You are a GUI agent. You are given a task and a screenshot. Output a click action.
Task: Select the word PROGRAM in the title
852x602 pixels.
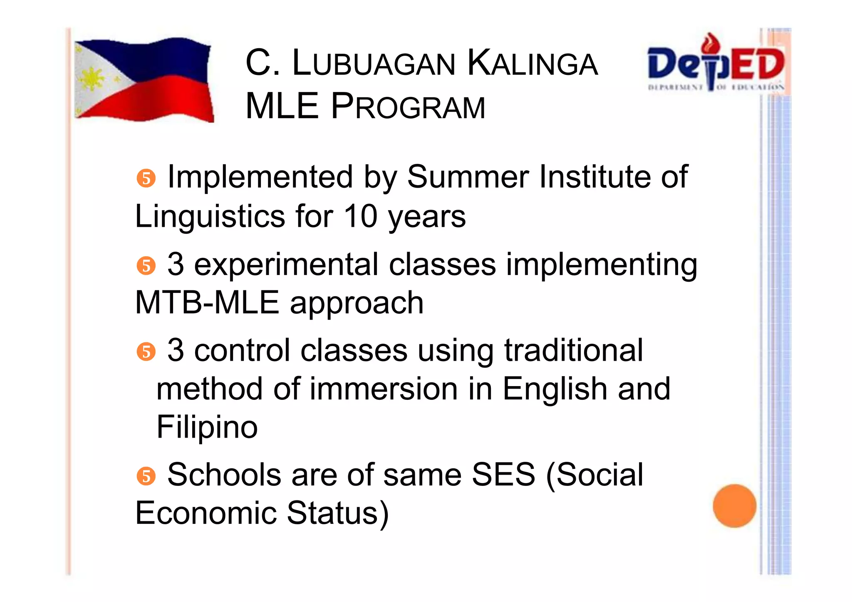pyautogui.click(x=408, y=107)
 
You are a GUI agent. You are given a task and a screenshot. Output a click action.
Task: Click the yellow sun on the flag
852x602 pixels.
pyautogui.click(x=93, y=79)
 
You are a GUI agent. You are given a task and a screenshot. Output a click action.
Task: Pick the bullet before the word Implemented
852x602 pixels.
pyautogui.click(x=146, y=178)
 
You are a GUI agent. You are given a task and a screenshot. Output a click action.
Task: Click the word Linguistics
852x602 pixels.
pyautogui.click(x=210, y=216)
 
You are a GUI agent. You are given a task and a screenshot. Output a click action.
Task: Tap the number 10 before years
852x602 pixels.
pyautogui.click(x=360, y=216)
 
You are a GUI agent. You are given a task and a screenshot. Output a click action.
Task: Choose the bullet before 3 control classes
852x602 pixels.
pyautogui.click(x=146, y=352)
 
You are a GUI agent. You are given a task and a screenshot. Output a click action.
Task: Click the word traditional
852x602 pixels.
pyautogui.click(x=574, y=350)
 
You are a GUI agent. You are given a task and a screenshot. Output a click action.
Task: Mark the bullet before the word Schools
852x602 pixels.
pyautogui.click(x=146, y=476)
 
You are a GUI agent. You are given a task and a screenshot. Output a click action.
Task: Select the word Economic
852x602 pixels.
pyautogui.click(x=206, y=513)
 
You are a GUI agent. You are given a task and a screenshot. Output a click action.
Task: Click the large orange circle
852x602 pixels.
pyautogui.click(x=734, y=505)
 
